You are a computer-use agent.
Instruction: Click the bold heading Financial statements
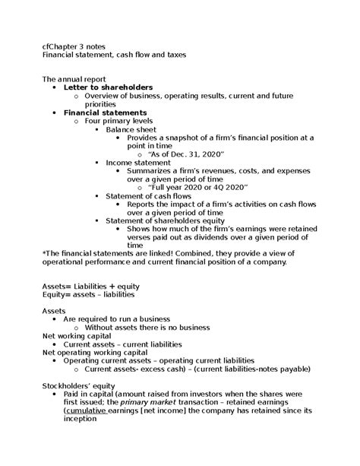105,113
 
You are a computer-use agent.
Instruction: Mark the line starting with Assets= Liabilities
90,287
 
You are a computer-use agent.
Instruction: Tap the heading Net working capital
76,336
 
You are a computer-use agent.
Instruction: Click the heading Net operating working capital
94,353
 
